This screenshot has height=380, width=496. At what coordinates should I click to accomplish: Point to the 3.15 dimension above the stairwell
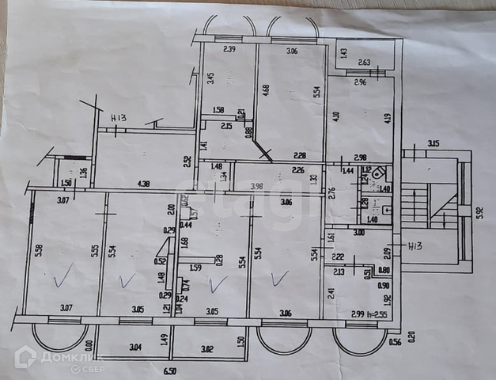click(x=433, y=143)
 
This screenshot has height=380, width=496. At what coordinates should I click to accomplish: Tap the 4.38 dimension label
click(x=143, y=184)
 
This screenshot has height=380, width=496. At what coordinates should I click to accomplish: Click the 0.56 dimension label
click(x=396, y=343)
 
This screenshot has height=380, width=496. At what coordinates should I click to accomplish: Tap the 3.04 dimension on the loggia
click(x=134, y=346)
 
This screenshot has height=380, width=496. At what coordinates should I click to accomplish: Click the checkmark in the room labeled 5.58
click(x=63, y=277)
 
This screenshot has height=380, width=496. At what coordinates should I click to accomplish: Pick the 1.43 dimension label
click(x=343, y=53)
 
